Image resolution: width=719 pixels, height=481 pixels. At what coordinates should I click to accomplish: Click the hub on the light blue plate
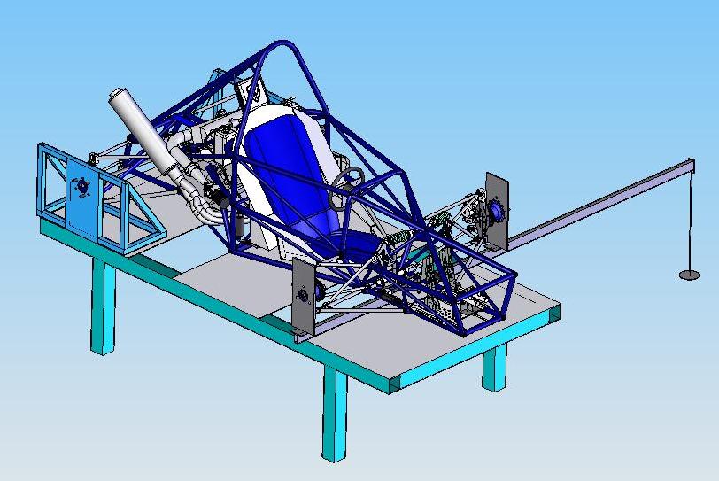pos(82,186)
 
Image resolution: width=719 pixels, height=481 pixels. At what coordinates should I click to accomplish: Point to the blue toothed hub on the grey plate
pos(496,211)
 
